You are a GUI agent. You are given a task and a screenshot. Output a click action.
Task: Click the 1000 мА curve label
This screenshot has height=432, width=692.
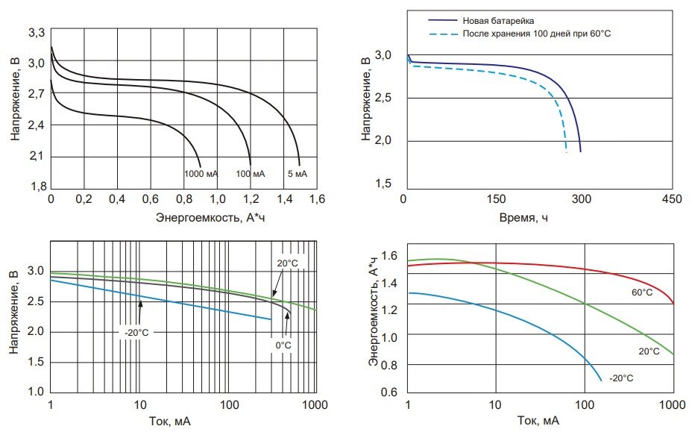point(201,174)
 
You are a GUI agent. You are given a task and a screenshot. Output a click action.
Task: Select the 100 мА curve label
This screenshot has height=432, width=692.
point(250,174)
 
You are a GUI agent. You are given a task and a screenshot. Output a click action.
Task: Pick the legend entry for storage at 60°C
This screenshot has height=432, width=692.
point(537,34)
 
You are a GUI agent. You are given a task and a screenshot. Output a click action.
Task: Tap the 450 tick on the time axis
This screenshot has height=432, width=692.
point(671,200)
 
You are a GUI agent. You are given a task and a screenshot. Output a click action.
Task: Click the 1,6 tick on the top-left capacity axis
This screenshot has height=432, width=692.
point(317,200)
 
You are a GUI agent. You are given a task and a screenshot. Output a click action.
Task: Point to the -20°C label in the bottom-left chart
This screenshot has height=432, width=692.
point(136,332)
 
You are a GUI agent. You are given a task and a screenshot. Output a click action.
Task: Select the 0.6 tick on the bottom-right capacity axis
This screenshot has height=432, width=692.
point(390,392)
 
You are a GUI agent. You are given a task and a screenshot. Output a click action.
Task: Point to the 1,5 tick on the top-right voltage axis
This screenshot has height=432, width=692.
point(383,184)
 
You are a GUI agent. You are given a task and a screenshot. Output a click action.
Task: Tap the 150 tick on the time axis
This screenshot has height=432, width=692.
point(492,200)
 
